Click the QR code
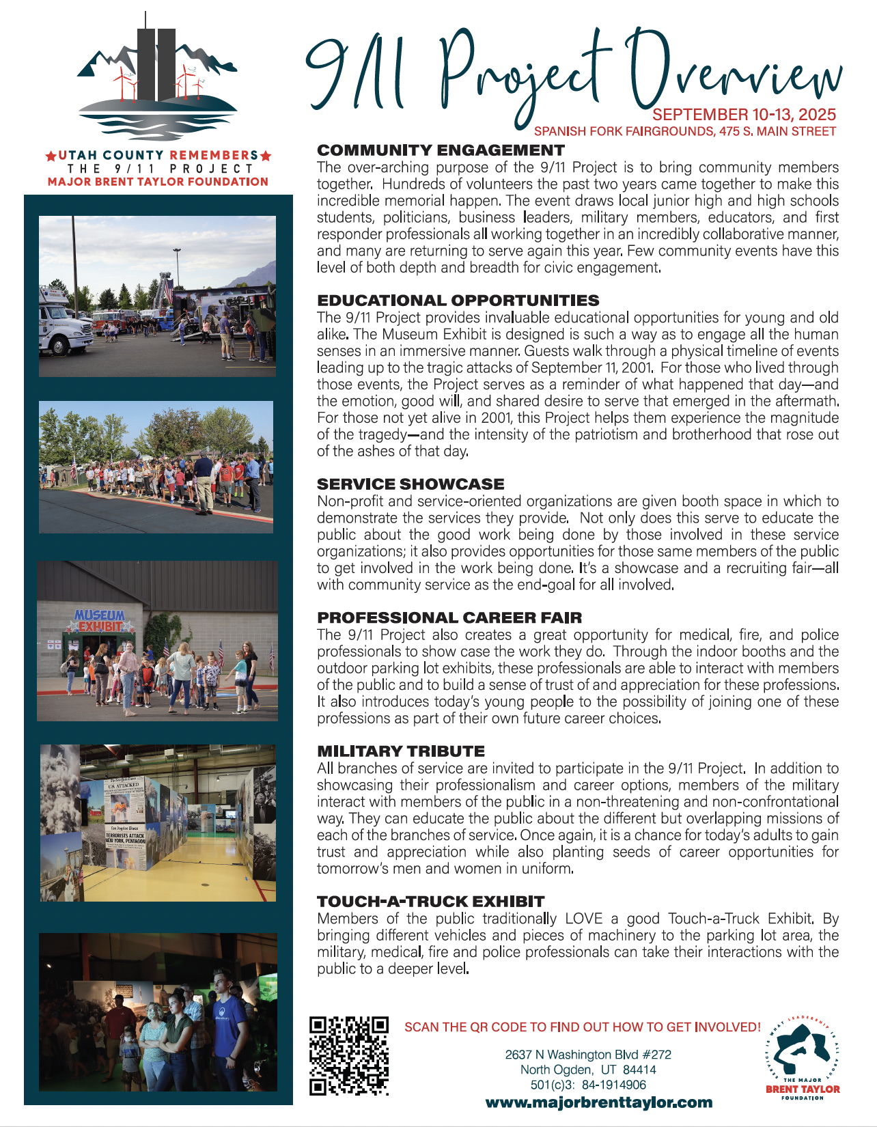pos(349,1056)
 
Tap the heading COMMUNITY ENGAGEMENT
pos(441,150)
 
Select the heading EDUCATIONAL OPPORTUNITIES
pos(458,301)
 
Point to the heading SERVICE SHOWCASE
pos(410,484)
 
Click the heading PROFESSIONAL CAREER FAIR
pos(449,617)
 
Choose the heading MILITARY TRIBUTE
pos(401,751)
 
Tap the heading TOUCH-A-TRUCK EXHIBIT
pos(430,902)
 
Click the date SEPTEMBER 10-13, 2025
pos(744,115)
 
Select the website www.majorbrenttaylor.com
pos(598,1102)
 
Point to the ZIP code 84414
pos(639,1070)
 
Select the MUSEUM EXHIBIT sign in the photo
pos(100,621)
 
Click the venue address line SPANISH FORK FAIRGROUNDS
pos(684,131)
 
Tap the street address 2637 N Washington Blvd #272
pos(588,1055)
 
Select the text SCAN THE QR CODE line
pos(582,1027)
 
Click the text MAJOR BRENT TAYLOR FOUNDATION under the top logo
pos(158,182)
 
